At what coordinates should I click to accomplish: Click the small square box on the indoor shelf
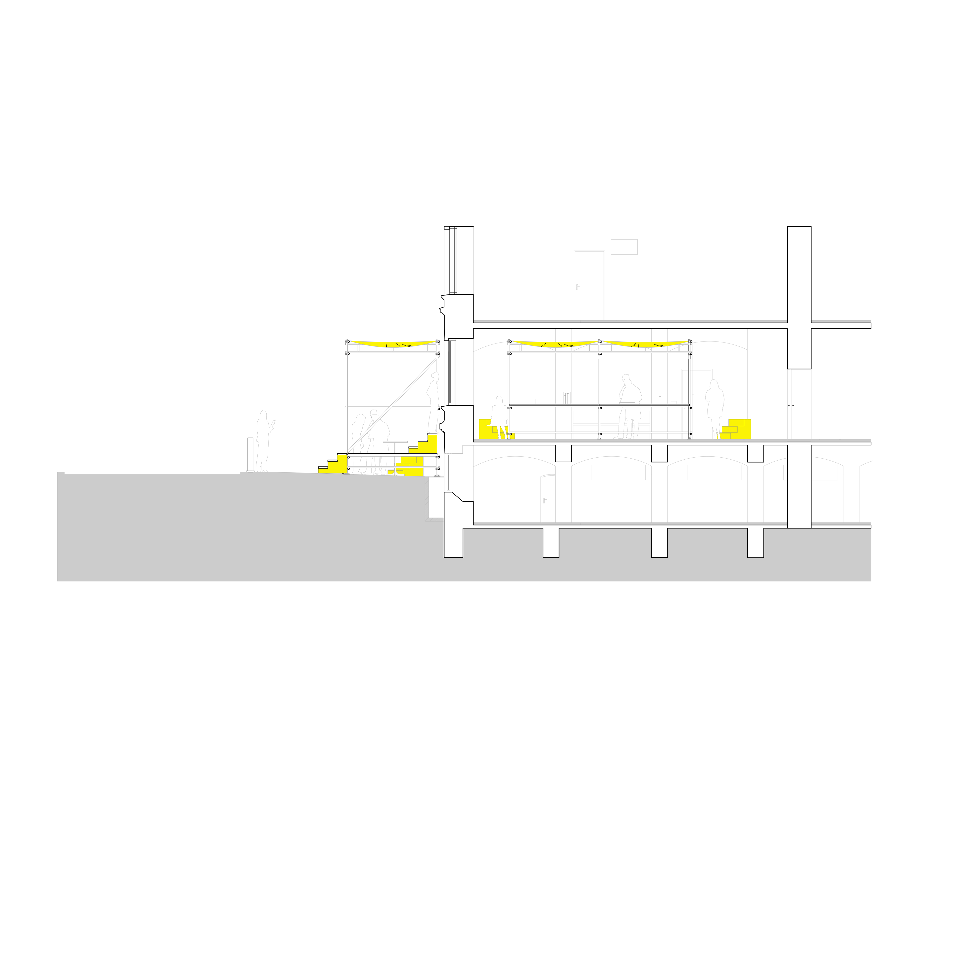coord(532,401)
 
